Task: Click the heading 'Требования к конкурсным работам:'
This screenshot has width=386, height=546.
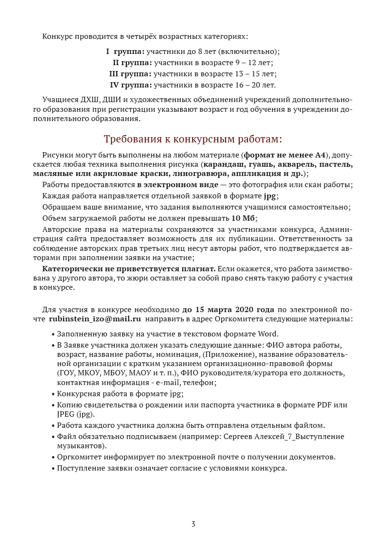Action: point(193,139)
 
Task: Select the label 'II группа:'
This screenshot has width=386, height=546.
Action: point(132,63)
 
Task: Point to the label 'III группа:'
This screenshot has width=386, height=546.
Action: point(130,74)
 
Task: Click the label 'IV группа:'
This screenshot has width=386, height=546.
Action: point(131,85)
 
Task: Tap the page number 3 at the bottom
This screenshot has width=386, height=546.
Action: point(193,524)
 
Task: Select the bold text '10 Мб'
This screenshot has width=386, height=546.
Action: point(244,217)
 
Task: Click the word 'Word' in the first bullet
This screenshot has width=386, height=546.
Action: point(267,334)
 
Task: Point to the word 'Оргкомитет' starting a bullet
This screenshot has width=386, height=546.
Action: point(78,458)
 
